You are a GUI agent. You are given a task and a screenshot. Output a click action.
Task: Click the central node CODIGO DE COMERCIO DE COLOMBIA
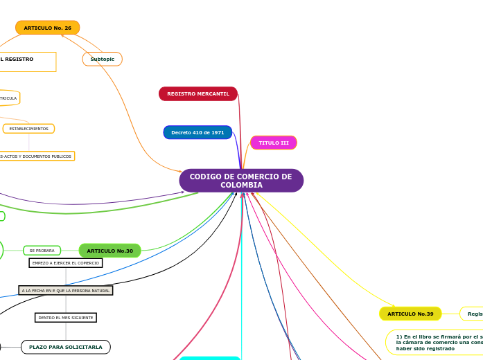240,181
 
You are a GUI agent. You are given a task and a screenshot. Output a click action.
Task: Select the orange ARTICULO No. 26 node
47,28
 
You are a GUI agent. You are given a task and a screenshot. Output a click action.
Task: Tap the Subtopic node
102,60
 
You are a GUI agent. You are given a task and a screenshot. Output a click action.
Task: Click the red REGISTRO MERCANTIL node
197,93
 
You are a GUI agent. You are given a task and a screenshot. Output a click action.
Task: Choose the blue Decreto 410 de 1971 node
197,132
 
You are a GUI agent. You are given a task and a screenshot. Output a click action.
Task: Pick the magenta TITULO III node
273,143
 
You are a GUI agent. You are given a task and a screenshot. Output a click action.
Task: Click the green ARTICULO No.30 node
109,251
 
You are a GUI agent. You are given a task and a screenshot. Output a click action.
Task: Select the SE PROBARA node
42,251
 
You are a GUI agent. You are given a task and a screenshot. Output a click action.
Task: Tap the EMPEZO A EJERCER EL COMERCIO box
66,263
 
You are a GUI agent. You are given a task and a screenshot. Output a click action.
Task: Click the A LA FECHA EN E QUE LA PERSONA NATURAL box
65,291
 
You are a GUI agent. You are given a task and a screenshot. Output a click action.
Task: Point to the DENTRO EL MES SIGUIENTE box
66,318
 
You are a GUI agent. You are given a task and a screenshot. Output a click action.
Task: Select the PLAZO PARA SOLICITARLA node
65,347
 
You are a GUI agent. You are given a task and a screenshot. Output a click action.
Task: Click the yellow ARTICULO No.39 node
410,314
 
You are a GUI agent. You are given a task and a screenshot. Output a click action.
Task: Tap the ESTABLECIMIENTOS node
28,129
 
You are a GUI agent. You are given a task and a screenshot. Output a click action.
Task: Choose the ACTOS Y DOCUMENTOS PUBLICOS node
36,156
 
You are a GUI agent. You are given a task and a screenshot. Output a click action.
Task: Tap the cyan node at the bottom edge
209,358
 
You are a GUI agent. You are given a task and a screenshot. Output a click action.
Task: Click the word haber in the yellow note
405,348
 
